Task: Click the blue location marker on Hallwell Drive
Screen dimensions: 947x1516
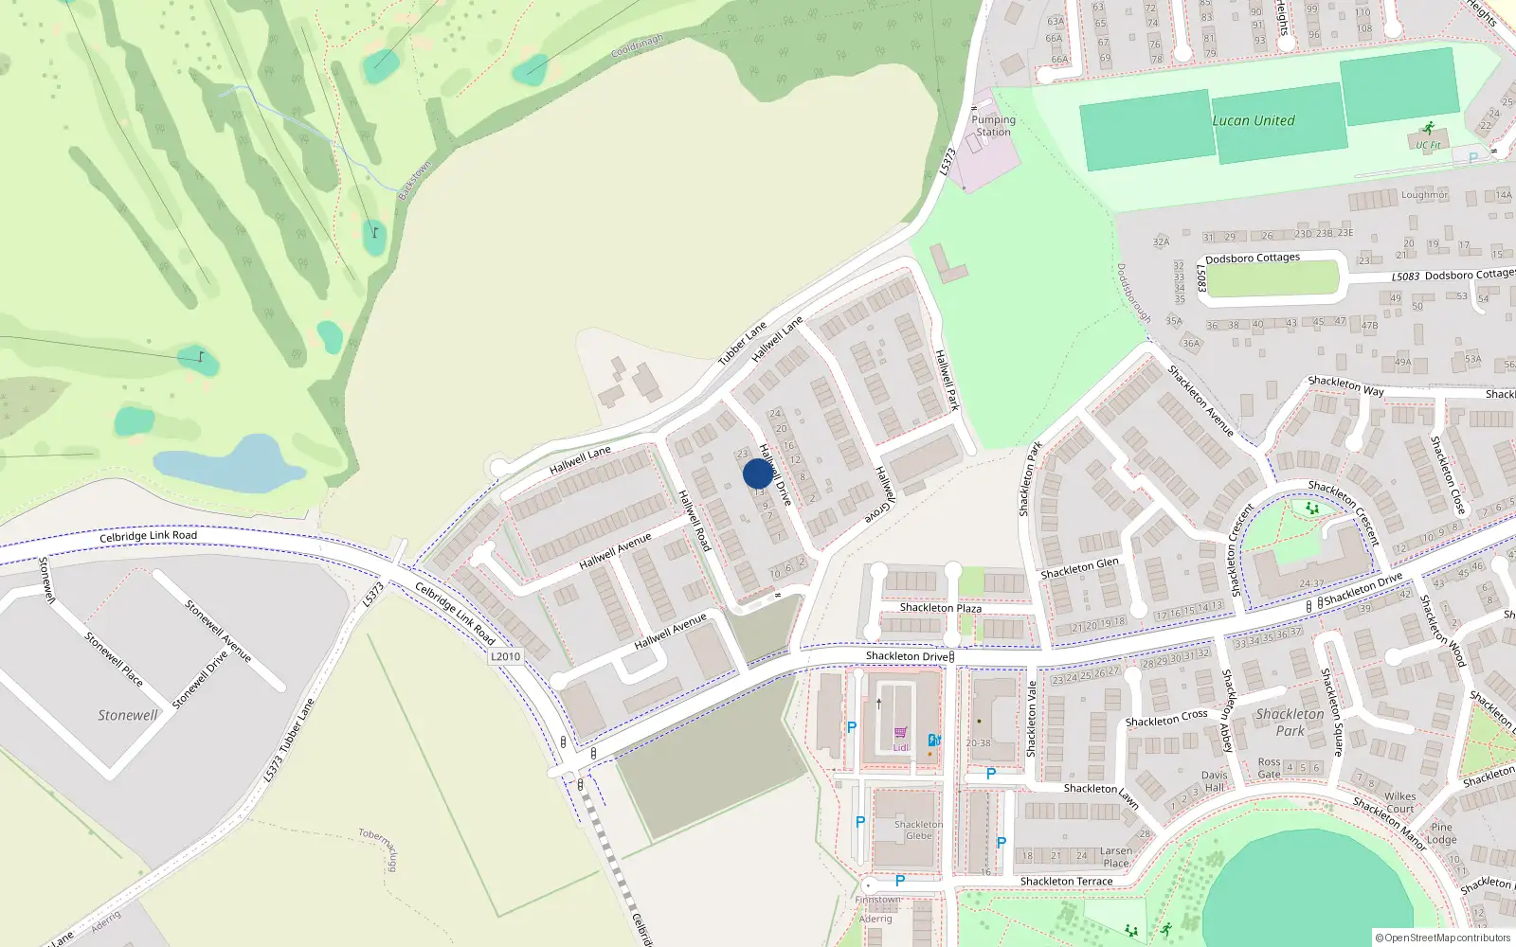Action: click(757, 473)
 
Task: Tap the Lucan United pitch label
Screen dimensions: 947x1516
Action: click(1253, 120)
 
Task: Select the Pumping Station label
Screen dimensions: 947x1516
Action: click(993, 126)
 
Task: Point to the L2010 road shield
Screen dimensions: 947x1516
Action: click(505, 656)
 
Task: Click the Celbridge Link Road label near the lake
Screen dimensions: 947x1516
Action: click(148, 536)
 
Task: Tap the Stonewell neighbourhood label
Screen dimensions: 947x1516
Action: click(128, 715)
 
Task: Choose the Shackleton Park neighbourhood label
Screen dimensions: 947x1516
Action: click(1290, 722)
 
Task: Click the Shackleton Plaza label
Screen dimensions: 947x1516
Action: click(940, 608)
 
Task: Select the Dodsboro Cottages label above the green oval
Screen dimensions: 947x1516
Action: click(1253, 258)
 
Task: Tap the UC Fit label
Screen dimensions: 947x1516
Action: click(1428, 145)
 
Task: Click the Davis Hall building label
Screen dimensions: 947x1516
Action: click(1214, 781)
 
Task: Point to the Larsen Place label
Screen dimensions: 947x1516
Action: click(1116, 857)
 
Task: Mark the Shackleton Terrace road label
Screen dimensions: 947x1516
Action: click(1066, 882)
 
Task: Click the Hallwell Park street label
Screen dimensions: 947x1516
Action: click(947, 380)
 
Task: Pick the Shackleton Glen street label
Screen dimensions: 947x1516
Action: click(1079, 568)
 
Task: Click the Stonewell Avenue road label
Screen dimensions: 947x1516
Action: click(218, 631)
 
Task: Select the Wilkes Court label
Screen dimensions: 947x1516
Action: click(1399, 803)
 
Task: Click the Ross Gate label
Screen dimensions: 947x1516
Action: click(1269, 768)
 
